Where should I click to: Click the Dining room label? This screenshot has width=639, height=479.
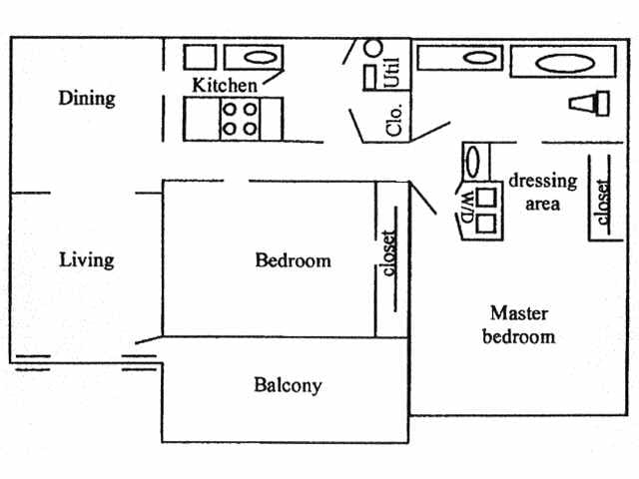(87, 98)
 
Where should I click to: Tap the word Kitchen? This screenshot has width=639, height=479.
(224, 85)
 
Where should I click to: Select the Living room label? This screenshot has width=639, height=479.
(87, 260)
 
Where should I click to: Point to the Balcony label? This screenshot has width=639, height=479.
(288, 385)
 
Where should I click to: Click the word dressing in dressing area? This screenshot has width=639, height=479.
(543, 181)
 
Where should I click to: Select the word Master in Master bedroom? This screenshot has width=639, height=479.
(518, 313)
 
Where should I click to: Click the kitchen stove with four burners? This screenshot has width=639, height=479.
(240, 118)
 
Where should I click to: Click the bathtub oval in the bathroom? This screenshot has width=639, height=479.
(563, 65)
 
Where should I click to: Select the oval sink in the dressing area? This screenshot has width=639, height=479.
(474, 160)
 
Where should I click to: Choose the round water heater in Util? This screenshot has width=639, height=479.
(372, 47)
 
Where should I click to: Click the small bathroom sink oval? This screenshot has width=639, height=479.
(474, 57)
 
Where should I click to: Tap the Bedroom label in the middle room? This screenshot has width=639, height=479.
(293, 261)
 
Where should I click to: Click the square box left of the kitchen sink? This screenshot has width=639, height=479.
(200, 57)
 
